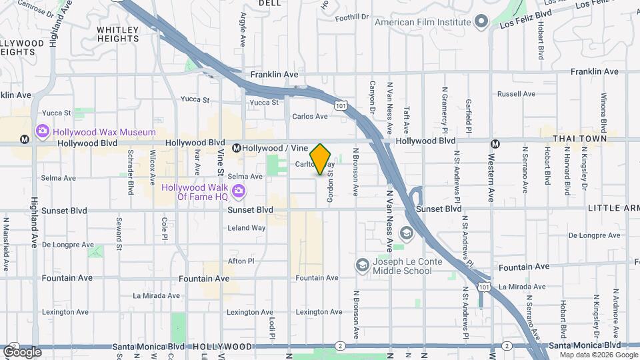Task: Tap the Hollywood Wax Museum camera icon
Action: [x=43, y=131]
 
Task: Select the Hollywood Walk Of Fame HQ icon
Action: [x=239, y=193]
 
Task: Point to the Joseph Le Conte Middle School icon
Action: [x=363, y=266]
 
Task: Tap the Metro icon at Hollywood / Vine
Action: [x=236, y=148]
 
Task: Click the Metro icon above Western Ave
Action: [x=495, y=143]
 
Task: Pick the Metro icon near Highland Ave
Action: [x=25, y=141]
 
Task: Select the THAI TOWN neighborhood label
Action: [x=580, y=138]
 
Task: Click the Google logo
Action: [x=22, y=351]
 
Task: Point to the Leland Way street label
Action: [x=247, y=227]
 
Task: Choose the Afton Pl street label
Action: [x=241, y=261]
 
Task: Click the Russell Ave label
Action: [x=516, y=94]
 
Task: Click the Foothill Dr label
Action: [x=352, y=17]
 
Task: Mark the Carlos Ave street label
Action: [x=310, y=116]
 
